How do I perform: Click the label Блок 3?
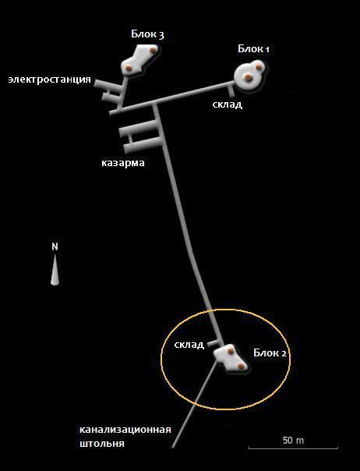coord(147,34)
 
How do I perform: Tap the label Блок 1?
coord(253,48)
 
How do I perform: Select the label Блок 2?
coord(270,352)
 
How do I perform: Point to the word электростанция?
coord(50,80)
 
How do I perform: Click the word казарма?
coord(123,162)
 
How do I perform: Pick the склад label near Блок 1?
coord(228,104)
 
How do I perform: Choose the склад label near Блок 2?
coord(189,345)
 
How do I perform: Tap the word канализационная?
coord(125,430)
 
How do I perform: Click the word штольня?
coord(102,444)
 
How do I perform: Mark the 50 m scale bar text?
coord(293,441)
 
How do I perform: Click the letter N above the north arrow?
coord(55,246)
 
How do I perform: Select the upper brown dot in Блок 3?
coord(154,50)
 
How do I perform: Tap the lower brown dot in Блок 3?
coord(129,68)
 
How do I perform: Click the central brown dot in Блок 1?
coord(248,77)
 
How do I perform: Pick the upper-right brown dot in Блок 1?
coord(258,67)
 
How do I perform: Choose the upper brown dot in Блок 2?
coord(230,351)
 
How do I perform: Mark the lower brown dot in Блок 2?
coord(240,366)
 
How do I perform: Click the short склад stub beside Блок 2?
coord(214,343)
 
